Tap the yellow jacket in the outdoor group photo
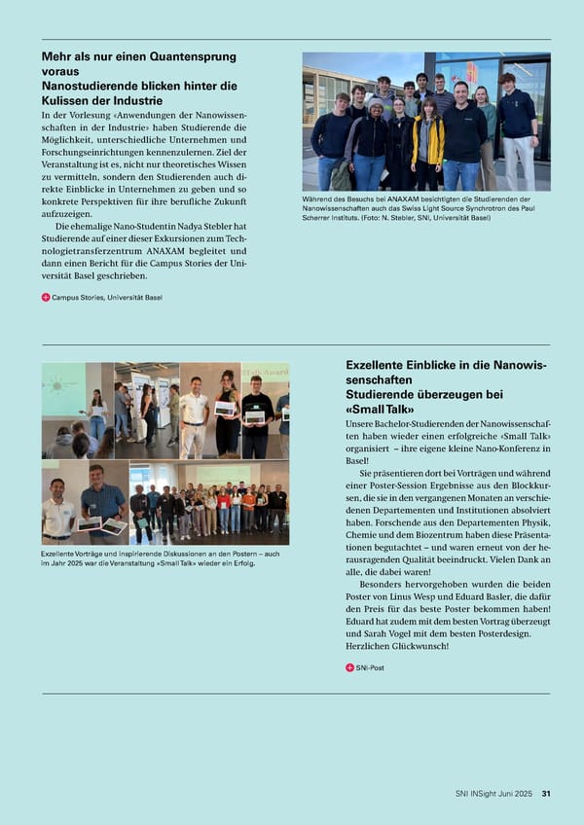point(427,141)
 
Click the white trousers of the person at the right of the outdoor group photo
point(518,161)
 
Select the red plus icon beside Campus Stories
point(46,297)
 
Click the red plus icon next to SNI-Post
point(350,667)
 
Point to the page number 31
point(546,794)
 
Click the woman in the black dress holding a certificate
point(228,409)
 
